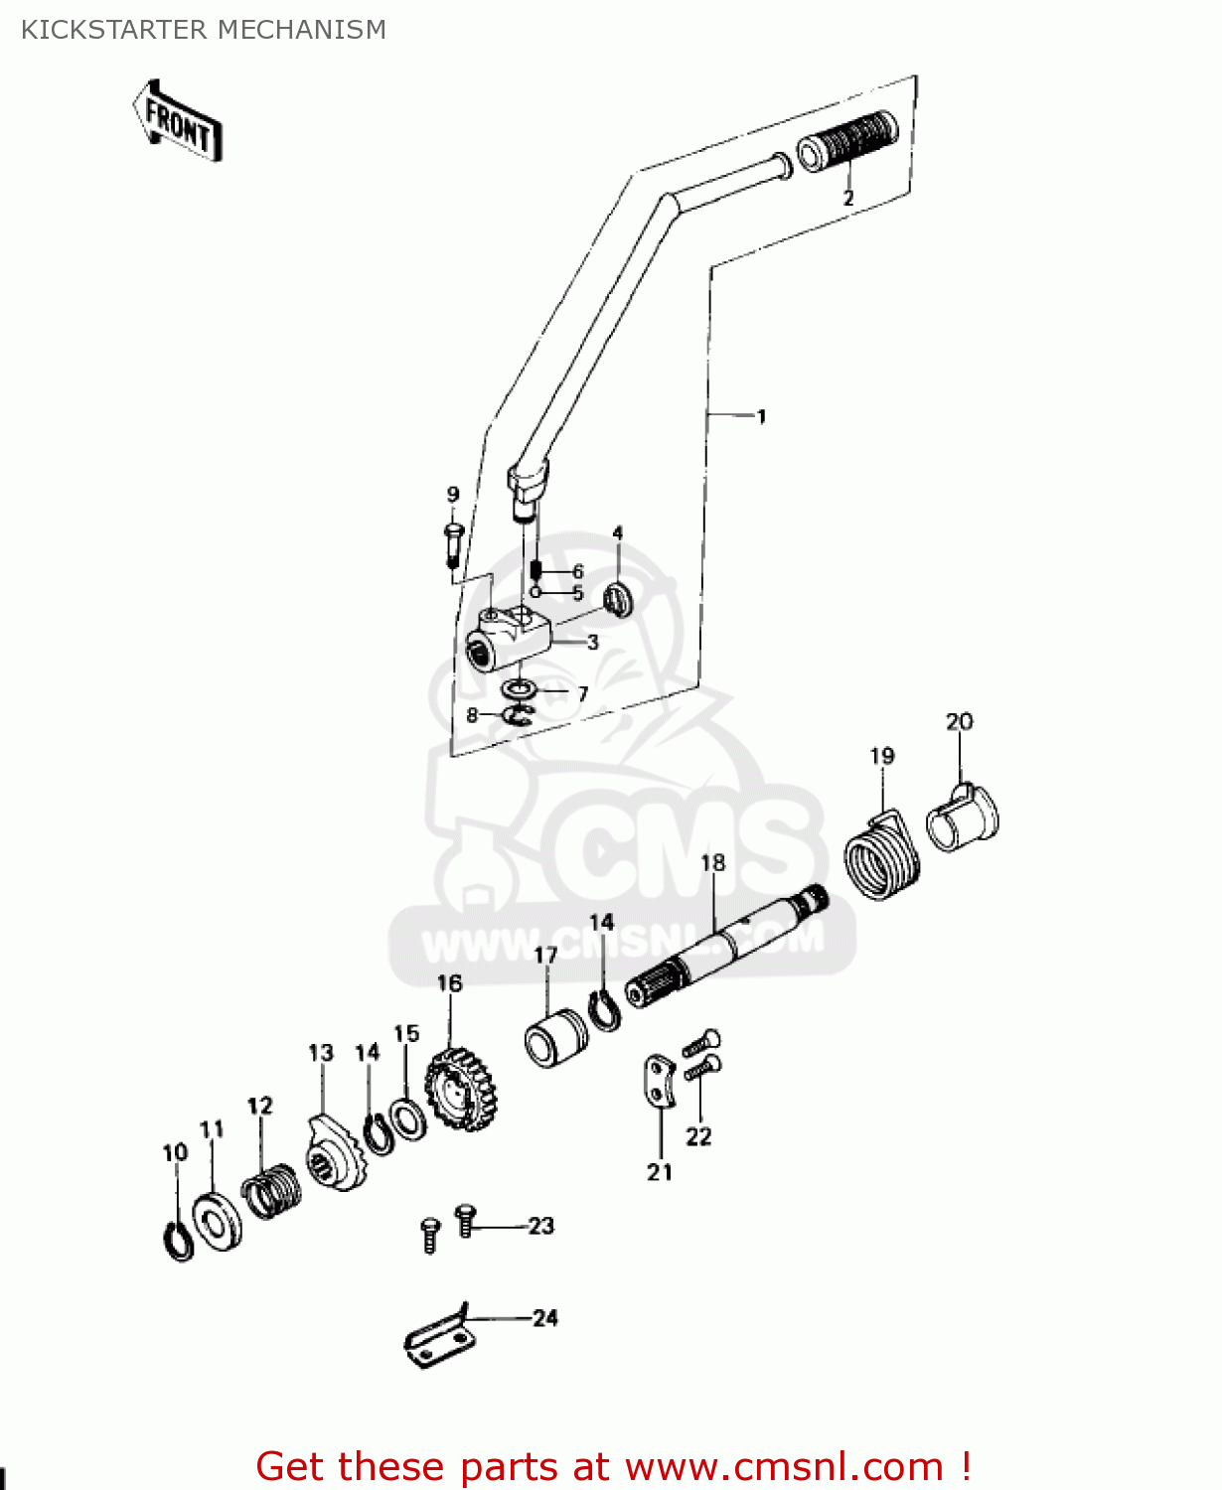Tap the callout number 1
pos(761,416)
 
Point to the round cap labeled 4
pos(619,600)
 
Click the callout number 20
pos(959,721)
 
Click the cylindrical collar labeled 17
pos(555,1038)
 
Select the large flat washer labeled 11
pos(217,1219)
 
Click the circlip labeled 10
pos(178,1241)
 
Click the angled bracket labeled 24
pos(438,1341)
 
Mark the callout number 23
pos(540,1226)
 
